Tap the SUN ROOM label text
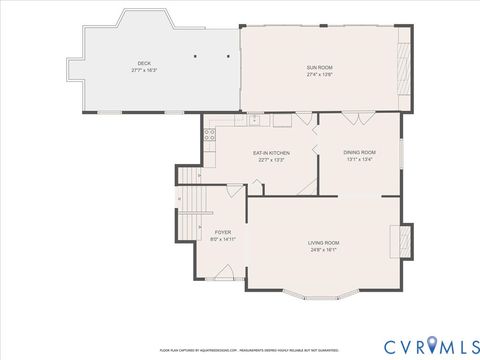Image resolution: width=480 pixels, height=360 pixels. [x=319, y=67]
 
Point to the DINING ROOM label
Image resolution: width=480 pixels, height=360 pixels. [x=361, y=153]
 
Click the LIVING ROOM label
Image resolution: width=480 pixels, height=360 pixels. [x=323, y=243]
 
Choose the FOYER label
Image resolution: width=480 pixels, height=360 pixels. [x=222, y=232]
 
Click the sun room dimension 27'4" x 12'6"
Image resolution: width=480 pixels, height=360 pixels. [x=319, y=74]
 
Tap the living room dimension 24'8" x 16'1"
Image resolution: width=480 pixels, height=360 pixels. [x=323, y=250]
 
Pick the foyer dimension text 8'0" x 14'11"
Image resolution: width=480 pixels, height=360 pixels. [x=222, y=239]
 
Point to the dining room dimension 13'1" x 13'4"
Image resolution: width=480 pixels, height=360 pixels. [x=361, y=160]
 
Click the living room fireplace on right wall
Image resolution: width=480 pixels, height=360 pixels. [x=403, y=240]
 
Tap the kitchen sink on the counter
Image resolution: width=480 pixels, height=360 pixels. [x=255, y=120]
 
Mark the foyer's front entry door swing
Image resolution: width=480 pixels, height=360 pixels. [x=228, y=272]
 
